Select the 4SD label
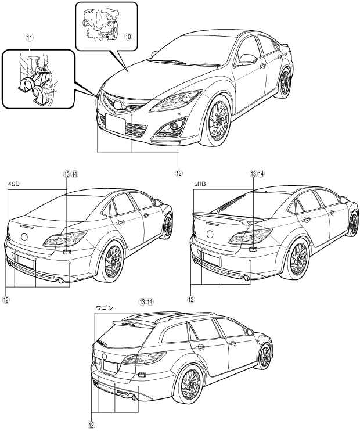[14, 185]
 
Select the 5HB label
[200, 185]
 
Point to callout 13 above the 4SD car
[67, 174]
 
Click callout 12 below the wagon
[92, 425]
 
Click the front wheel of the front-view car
[219, 121]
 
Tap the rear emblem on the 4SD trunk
[25, 237]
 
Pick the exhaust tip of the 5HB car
[246, 278]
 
